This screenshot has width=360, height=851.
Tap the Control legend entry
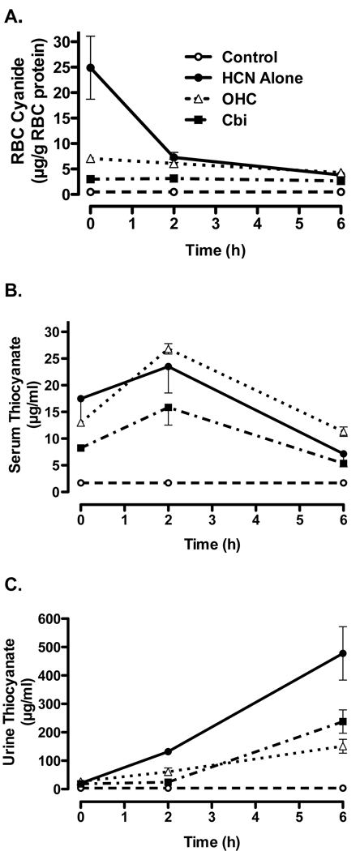pyautogui.click(x=244, y=57)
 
